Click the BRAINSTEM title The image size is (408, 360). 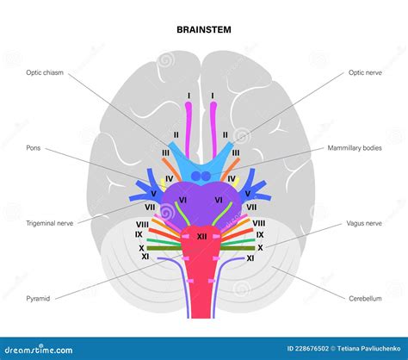tap(204, 29)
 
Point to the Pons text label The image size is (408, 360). tap(34, 148)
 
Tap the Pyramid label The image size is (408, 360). tap(38, 298)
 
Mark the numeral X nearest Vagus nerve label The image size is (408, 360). tap(260, 246)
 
